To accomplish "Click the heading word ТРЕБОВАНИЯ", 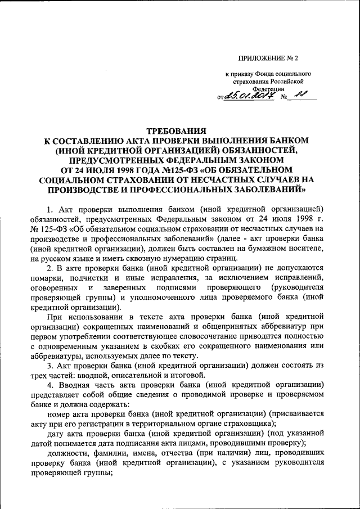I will [179, 130].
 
